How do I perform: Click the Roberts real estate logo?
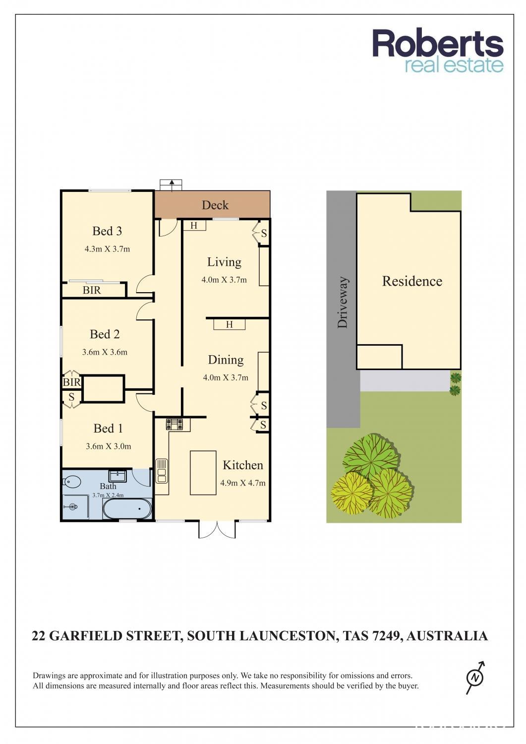[x=438, y=51]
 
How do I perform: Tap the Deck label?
[x=215, y=205]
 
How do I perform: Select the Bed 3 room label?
[x=107, y=231]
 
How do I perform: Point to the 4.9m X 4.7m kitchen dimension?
[x=243, y=483]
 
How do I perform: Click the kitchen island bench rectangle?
[x=203, y=473]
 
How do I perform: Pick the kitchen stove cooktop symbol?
[x=175, y=424]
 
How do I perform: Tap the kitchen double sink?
[x=162, y=471]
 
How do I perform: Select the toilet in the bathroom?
[x=71, y=482]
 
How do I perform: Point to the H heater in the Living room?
[x=195, y=226]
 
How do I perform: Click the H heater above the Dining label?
[x=229, y=324]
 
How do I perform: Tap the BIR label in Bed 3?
[x=91, y=290]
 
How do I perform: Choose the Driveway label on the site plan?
[x=343, y=303]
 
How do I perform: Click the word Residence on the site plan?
[x=412, y=281]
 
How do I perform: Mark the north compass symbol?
[x=475, y=678]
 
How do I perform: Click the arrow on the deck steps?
[x=172, y=186]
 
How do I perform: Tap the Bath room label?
[x=108, y=486]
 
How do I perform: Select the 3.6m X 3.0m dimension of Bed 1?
[x=108, y=446]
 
